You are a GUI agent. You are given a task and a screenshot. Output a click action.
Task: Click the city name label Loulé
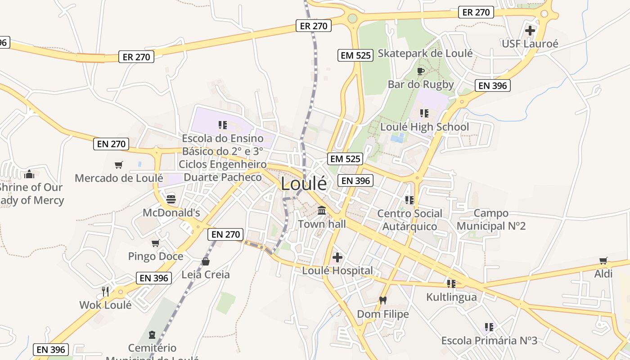[x=304, y=184]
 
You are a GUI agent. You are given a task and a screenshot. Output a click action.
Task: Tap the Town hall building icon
[x=322, y=210]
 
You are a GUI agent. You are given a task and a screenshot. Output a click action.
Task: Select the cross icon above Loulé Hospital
[x=337, y=257]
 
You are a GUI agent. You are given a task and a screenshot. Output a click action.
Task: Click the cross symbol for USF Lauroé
[x=530, y=31]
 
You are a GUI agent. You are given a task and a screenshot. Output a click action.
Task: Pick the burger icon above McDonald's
[x=171, y=199]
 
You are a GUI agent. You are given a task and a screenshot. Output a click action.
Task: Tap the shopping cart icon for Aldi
[x=603, y=261]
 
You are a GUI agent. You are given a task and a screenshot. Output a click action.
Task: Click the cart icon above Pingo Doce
[x=156, y=243]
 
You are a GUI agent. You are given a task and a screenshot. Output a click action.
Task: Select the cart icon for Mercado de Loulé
[x=119, y=165]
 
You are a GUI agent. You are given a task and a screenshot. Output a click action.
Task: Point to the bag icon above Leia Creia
[x=206, y=261]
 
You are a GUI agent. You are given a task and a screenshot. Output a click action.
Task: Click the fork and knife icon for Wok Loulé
[x=105, y=291]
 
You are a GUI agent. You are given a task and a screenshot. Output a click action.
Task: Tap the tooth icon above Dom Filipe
[x=383, y=300]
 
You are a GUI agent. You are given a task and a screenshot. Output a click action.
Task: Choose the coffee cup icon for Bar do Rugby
[x=421, y=71]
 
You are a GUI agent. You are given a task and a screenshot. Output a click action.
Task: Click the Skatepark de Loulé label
[x=425, y=53]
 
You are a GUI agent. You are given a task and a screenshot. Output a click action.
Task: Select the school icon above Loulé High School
[x=424, y=113]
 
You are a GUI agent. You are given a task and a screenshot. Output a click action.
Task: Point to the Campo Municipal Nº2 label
[x=491, y=219]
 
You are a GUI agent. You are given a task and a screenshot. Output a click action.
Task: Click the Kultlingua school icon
[x=451, y=283]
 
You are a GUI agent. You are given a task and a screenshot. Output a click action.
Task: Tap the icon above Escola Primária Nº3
[x=489, y=327]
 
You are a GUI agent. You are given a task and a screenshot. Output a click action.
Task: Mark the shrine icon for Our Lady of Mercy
[x=29, y=174]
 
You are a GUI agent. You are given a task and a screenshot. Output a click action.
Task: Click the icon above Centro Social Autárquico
[x=409, y=200]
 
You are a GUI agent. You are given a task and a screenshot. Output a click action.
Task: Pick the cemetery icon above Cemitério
[x=152, y=334]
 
